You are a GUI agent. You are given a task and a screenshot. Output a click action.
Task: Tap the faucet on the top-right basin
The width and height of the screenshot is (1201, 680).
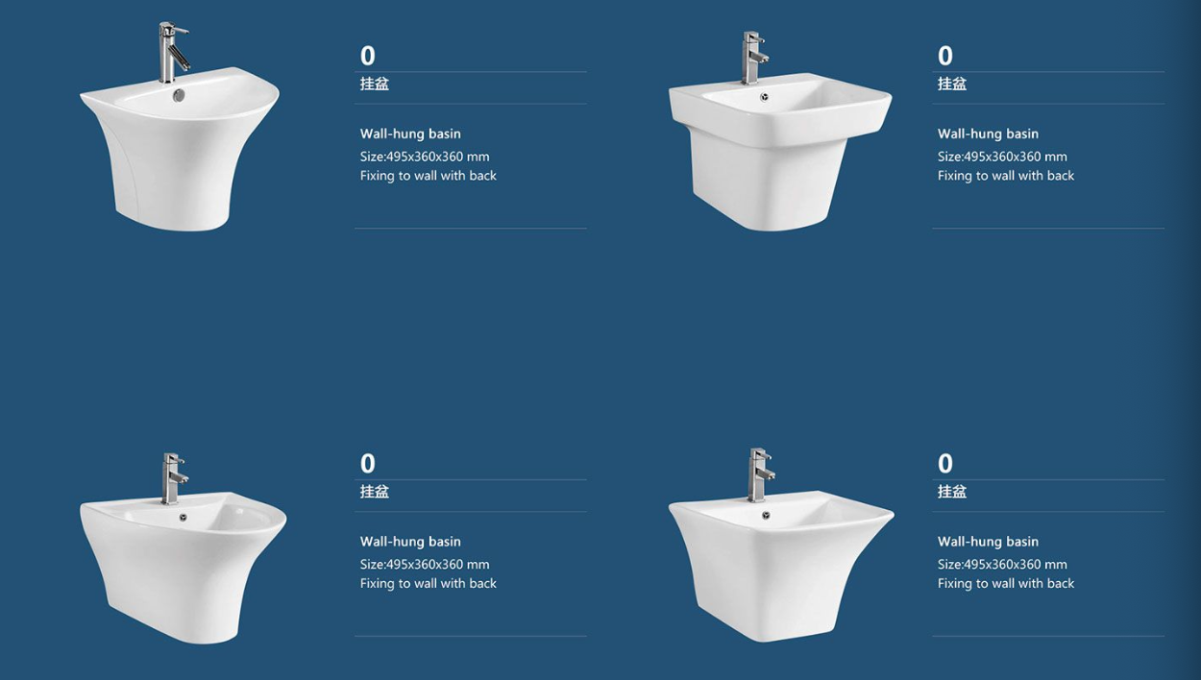tap(750, 58)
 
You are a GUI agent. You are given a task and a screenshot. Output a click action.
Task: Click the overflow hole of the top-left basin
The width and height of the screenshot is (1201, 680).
tap(179, 95)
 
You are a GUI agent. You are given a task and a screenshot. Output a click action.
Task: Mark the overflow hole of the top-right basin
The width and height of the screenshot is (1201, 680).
tap(764, 97)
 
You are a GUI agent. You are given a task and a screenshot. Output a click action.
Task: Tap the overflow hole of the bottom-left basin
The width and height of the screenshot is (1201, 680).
tap(184, 517)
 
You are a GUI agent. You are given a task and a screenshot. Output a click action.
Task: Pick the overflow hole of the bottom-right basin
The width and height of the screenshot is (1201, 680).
tap(766, 516)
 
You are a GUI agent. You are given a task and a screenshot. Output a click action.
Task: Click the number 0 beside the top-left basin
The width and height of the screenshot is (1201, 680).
tap(368, 56)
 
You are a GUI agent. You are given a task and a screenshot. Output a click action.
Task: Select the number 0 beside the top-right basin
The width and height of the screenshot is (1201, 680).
tap(945, 56)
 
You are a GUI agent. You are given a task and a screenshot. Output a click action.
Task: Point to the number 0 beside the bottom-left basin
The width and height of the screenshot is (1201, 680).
tap(368, 464)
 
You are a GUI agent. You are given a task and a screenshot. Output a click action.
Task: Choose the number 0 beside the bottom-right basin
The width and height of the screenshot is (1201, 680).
tap(945, 464)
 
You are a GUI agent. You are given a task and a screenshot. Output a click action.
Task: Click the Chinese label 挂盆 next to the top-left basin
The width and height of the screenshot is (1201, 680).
tap(375, 84)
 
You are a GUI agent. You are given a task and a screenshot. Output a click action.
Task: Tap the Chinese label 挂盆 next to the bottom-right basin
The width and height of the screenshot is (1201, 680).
tap(952, 492)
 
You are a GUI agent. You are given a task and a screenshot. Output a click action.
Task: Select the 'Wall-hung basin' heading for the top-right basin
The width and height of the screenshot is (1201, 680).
tap(988, 134)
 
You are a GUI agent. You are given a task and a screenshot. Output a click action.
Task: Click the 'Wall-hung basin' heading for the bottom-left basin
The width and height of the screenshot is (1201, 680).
tap(410, 542)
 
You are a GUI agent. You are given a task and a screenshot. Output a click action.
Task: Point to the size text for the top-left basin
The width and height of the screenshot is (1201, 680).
tap(425, 157)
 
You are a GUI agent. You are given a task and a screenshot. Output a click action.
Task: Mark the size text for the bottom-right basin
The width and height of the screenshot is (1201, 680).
tap(1002, 564)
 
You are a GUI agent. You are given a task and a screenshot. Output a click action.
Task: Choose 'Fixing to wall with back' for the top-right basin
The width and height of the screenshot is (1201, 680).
tap(1006, 176)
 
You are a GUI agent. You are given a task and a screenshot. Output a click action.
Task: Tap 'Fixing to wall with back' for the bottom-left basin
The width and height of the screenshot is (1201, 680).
tap(429, 584)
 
